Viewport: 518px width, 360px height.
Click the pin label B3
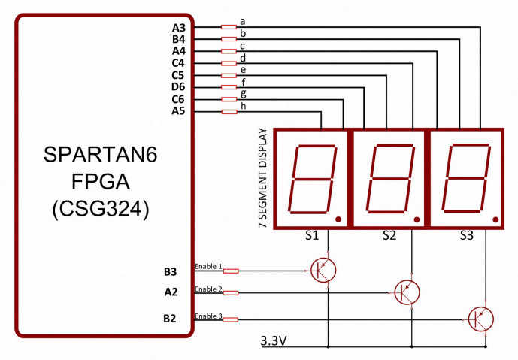click(x=171, y=271)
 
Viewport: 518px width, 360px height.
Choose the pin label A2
click(x=171, y=292)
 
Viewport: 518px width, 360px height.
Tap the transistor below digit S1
click(x=323, y=270)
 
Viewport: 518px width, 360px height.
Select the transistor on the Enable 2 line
click(x=407, y=291)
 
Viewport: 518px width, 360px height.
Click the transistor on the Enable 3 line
click(x=480, y=319)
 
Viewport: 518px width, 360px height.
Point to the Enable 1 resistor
click(x=231, y=271)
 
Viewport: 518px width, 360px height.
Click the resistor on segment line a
click(x=229, y=27)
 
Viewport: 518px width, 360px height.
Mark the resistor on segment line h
click(x=229, y=112)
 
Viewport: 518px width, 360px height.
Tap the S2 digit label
click(x=389, y=235)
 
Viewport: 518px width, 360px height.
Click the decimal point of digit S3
click(x=490, y=219)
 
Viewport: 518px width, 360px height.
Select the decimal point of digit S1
click(x=339, y=219)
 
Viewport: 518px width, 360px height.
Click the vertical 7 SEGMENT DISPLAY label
click(x=262, y=179)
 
